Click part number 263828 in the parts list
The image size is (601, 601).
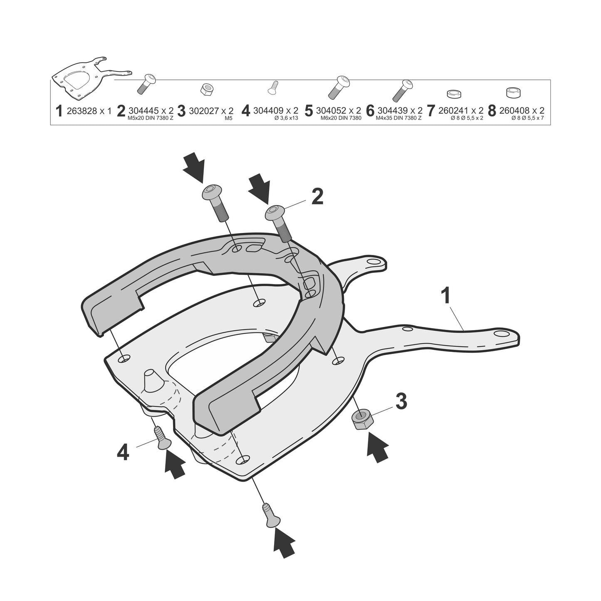pyautogui.click(x=82, y=111)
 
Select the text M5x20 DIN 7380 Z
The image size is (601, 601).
pyautogui.click(x=150, y=118)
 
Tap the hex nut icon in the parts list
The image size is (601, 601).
pyautogui.click(x=207, y=89)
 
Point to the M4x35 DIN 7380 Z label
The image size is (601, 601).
pyautogui.click(x=398, y=118)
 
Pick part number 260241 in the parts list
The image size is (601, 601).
pyautogui.click(x=454, y=111)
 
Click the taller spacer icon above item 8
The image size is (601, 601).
pyautogui.click(x=513, y=93)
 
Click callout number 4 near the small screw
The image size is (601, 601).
pyautogui.click(x=123, y=453)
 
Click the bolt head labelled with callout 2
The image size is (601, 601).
pyautogui.click(x=275, y=213)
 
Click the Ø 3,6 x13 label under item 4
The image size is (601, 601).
pyautogui.click(x=286, y=118)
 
